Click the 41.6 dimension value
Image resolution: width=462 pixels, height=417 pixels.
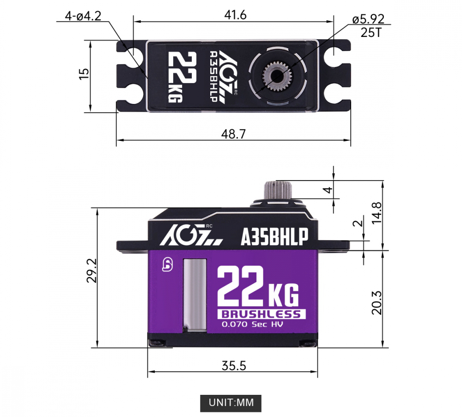pyautogui.click(x=235, y=15)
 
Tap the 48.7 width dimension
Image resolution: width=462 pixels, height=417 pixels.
pyautogui.click(x=233, y=134)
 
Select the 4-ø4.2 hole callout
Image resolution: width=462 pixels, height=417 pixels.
pyautogui.click(x=83, y=16)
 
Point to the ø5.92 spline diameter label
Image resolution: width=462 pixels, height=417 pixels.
pyautogui.click(x=368, y=19)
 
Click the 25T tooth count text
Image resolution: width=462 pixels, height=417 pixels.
pyautogui.click(x=371, y=32)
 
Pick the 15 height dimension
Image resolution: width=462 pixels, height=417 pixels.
pyautogui.click(x=84, y=73)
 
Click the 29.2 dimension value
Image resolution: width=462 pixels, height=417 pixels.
pyautogui.click(x=91, y=271)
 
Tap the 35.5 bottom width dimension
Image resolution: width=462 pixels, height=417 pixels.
pyautogui.click(x=234, y=366)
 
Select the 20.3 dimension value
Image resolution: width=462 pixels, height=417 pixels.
pyautogui.click(x=377, y=303)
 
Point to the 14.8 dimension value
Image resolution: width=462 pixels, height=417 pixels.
pyautogui.click(x=377, y=213)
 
